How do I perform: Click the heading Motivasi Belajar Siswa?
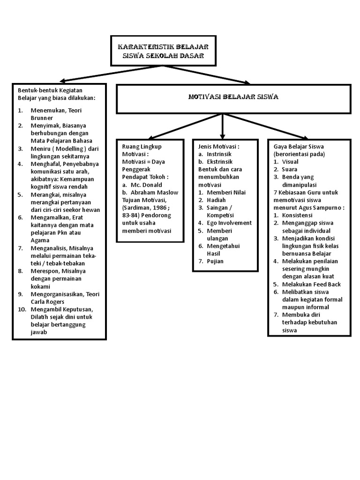[233, 97]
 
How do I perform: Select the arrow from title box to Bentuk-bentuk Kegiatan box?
[110, 74]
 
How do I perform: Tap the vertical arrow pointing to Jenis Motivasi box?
[223, 127]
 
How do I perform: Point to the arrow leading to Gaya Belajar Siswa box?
[265, 127]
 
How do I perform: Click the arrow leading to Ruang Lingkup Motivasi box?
[185, 127]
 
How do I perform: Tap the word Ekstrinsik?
[219, 162]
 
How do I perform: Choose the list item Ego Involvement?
[229, 223]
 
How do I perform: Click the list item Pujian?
[215, 262]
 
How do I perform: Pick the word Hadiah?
[216, 200]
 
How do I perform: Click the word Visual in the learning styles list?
[290, 162]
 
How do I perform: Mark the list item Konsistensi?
[297, 215]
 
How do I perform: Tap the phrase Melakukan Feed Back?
[311, 285]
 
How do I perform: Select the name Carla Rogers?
[47, 302]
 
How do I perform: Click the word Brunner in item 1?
[42, 118]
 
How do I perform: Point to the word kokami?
[40, 286]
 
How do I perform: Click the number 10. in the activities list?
[22, 309]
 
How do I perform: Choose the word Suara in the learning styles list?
[290, 169]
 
